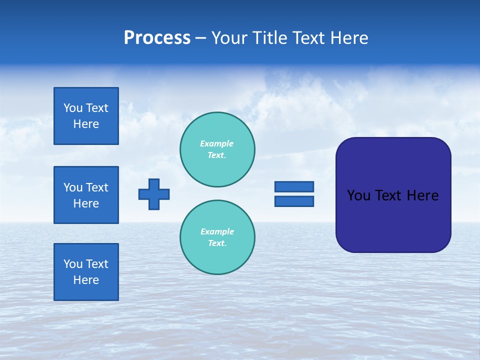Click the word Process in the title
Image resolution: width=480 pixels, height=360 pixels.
click(157, 38)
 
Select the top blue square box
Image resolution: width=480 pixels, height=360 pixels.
click(86, 116)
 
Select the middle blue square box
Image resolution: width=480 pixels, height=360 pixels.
click(86, 195)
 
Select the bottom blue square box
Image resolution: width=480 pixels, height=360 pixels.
click(86, 272)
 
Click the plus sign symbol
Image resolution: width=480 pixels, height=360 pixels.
click(154, 194)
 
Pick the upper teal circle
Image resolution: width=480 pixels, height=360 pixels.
click(217, 149)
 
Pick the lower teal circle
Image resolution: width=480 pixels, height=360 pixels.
click(217, 237)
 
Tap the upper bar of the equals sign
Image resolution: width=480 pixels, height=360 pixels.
click(294, 186)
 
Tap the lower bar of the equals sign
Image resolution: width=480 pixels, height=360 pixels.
click(294, 201)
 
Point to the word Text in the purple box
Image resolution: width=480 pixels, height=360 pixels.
click(389, 195)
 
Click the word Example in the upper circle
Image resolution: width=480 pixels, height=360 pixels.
click(217, 143)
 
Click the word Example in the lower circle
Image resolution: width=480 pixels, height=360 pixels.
click(217, 231)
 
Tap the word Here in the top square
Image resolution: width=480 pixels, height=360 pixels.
click(86, 124)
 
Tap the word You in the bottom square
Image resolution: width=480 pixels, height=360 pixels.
click(73, 264)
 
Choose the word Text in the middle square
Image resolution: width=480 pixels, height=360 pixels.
click(96, 187)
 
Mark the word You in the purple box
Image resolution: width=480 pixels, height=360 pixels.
click(358, 195)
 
